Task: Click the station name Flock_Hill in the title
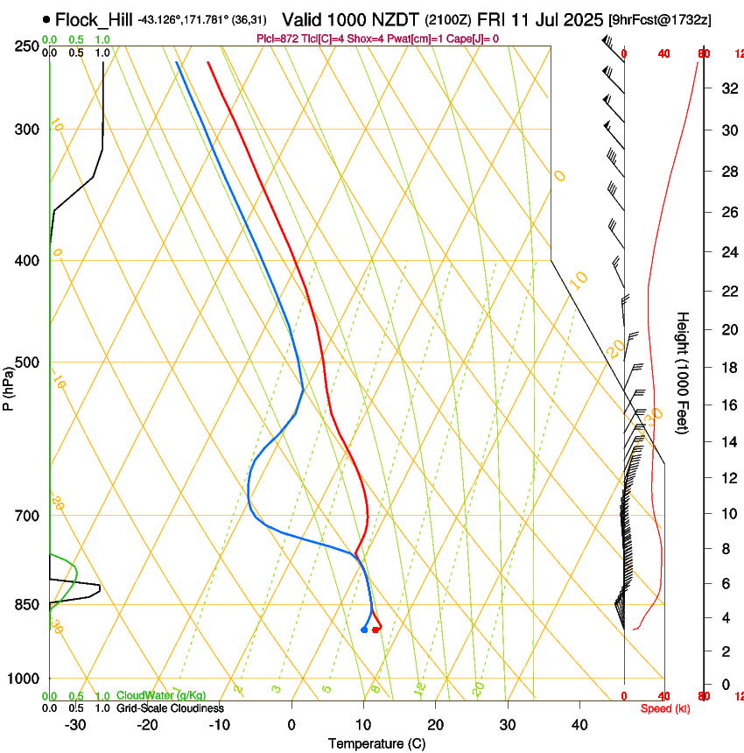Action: (95, 18)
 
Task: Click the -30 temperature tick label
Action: (75, 724)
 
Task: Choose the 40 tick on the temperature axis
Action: (579, 724)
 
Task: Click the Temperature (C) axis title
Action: (376, 743)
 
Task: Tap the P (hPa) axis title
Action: (9, 386)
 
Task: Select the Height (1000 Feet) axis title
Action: (684, 372)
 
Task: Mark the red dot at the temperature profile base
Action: (376, 630)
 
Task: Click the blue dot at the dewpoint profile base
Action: (364, 630)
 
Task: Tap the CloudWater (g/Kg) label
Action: (161, 696)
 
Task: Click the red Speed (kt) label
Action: (665, 708)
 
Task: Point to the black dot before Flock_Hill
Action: (46, 19)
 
